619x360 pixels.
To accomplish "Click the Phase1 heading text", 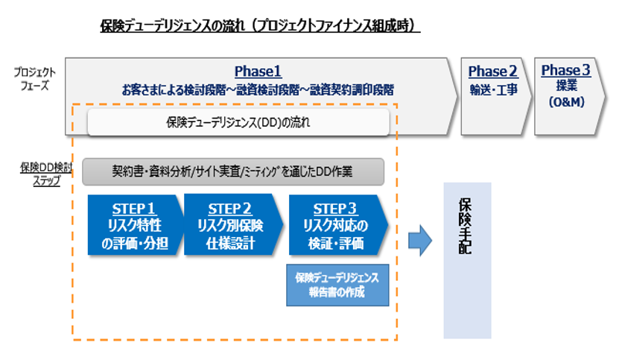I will coord(258,72).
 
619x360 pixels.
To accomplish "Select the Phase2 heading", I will coord(492,72).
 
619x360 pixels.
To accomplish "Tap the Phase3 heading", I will coord(565,71).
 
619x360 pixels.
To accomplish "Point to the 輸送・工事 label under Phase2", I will coord(492,89).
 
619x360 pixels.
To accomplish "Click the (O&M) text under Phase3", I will coord(565,101).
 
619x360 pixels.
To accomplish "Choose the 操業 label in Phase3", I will coord(565,86).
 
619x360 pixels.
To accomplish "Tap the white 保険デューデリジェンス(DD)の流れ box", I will coord(238,123).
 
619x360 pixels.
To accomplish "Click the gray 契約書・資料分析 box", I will coord(232,171).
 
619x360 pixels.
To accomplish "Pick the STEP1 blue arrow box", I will coord(135,225).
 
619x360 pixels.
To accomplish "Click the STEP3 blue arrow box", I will coord(337,225).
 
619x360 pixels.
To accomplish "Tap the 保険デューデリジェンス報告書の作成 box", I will coord(337,285).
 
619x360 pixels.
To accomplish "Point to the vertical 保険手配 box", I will coord(467,259).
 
